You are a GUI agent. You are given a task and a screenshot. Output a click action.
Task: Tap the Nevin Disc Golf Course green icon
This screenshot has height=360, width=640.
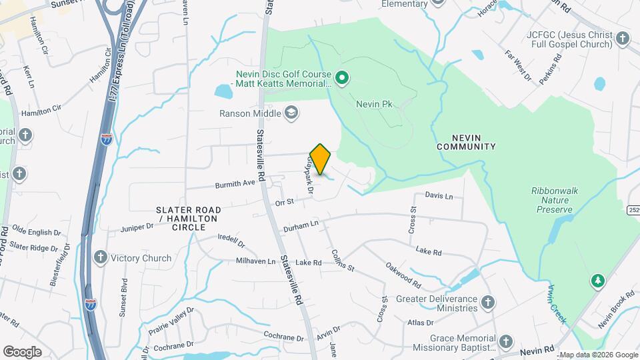(x=342, y=79)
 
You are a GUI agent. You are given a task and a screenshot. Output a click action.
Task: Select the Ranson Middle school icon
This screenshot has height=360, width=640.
(x=291, y=113)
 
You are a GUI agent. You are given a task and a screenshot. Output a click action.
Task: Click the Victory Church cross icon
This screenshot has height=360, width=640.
(x=101, y=258)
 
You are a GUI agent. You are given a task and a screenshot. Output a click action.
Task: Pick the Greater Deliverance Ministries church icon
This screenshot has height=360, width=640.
(x=487, y=303)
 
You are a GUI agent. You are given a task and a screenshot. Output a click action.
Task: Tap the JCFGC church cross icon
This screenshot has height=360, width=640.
(x=623, y=39)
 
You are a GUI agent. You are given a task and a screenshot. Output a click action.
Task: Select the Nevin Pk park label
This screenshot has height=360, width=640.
(x=377, y=104)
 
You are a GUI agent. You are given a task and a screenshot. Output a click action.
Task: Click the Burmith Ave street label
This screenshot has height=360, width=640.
(x=235, y=183)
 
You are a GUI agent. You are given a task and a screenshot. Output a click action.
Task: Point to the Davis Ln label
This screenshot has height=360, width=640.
(x=439, y=197)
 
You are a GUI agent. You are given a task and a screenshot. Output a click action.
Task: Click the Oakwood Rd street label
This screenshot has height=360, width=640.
(x=402, y=275)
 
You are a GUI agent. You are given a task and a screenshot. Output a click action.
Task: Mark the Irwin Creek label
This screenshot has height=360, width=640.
(x=557, y=304)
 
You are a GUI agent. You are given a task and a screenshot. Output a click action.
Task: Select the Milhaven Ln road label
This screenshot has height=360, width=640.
(x=252, y=261)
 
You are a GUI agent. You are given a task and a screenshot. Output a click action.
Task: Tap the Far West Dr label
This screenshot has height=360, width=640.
(x=517, y=69)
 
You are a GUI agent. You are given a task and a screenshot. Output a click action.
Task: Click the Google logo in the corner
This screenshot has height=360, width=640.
(x=22, y=351)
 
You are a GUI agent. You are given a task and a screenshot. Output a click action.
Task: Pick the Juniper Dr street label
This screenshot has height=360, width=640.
(x=137, y=227)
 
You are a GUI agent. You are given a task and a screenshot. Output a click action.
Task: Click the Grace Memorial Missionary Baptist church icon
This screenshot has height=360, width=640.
(x=506, y=343)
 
